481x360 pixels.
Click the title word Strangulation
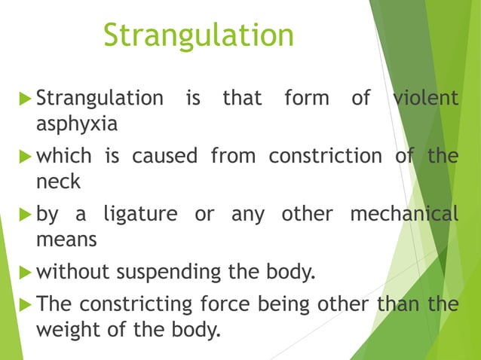(x=198, y=35)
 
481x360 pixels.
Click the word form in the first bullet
(x=307, y=98)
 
